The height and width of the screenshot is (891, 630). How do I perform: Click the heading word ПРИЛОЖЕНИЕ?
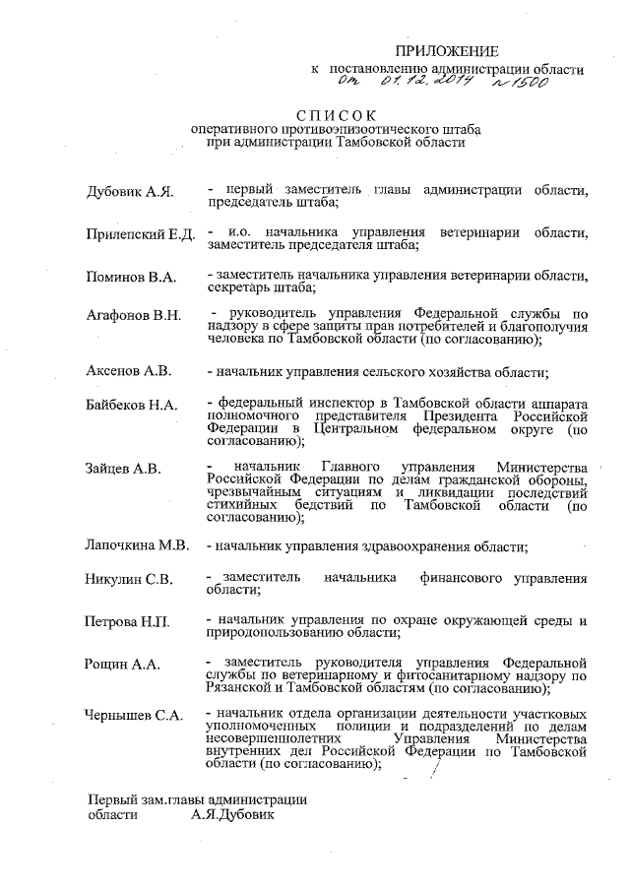447,51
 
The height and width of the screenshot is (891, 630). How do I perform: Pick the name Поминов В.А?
131,277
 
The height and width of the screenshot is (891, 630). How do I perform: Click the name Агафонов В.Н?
134,315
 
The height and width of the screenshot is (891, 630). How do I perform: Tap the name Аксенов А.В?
129,371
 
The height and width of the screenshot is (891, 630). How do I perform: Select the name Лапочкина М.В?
139,544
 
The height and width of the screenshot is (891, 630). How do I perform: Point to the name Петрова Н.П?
129,623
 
